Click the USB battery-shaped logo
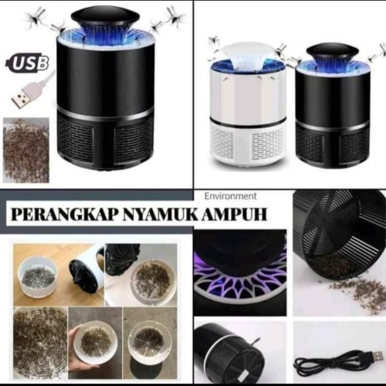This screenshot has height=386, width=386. click(x=27, y=63)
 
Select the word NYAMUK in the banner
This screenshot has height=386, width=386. click(x=161, y=215)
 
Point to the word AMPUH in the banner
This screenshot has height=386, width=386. click(x=235, y=215)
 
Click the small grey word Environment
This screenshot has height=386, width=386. click(x=231, y=196)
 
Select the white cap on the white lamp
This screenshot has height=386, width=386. click(x=247, y=53)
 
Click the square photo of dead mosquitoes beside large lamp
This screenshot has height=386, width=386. click(x=25, y=151)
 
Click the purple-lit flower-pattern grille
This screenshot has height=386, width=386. click(x=241, y=279)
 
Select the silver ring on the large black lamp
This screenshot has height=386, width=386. click(x=106, y=113)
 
